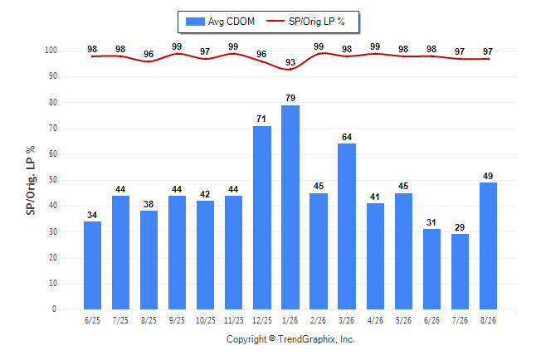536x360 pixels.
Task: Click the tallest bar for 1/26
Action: (x=290, y=207)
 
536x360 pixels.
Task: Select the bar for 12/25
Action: (x=262, y=218)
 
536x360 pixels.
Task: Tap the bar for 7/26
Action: (x=460, y=272)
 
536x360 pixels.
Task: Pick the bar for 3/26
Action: (x=347, y=226)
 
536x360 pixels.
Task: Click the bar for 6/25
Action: (x=92, y=265)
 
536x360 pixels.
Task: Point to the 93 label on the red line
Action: (x=290, y=62)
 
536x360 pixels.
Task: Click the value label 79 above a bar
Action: (x=290, y=98)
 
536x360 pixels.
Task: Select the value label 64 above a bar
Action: (x=347, y=137)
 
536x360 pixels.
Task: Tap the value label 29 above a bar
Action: (x=460, y=227)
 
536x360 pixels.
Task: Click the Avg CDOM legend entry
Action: (x=220, y=22)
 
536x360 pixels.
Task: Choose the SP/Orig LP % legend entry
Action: (x=305, y=22)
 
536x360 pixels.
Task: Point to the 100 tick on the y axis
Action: (x=51, y=51)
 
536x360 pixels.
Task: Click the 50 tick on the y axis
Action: (x=52, y=180)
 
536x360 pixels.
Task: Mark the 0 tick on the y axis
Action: (x=55, y=309)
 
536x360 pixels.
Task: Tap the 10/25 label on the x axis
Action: (x=206, y=320)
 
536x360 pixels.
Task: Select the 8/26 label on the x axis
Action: (x=488, y=320)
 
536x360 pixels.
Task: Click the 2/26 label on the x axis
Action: (x=319, y=320)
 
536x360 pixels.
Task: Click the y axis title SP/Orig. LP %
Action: (x=31, y=180)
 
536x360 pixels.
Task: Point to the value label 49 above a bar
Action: (x=488, y=176)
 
